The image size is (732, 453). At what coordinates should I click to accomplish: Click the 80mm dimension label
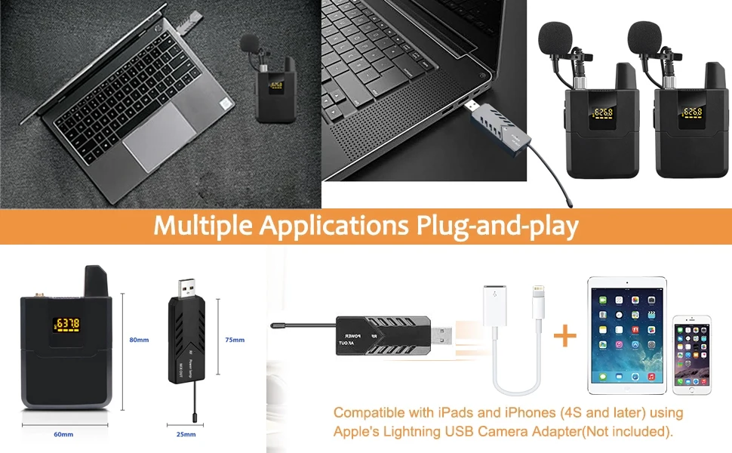tap(139, 340)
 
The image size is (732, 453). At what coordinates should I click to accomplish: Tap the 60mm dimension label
tap(63, 434)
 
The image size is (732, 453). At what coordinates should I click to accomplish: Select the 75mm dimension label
tap(235, 340)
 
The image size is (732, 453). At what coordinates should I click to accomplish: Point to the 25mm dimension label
tap(186, 434)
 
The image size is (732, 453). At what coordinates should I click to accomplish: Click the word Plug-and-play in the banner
tap(497, 226)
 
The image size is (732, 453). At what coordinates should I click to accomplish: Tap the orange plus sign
tap(564, 336)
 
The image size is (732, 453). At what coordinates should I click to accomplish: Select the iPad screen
tap(627, 334)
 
